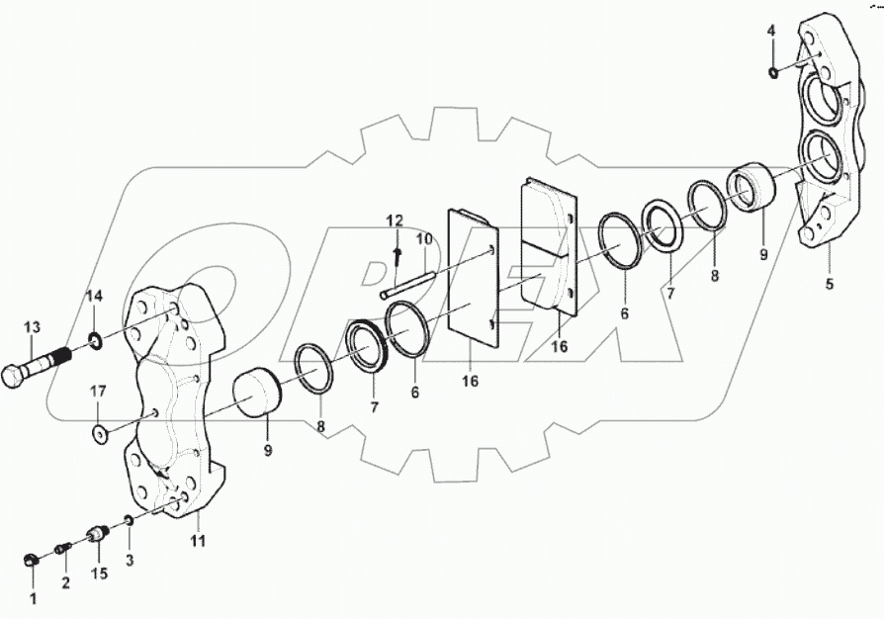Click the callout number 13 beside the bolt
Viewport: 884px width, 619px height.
tap(33, 327)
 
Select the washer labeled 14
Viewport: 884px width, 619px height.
tap(95, 342)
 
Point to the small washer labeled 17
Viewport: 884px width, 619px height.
tap(100, 432)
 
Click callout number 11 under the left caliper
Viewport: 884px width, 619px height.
tap(198, 540)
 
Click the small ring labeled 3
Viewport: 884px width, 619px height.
tap(130, 521)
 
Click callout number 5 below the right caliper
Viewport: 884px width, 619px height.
tap(830, 284)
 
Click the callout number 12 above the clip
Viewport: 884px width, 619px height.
tap(395, 220)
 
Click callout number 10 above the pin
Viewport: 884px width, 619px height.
tap(424, 239)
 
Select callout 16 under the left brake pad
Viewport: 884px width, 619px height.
tap(471, 380)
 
